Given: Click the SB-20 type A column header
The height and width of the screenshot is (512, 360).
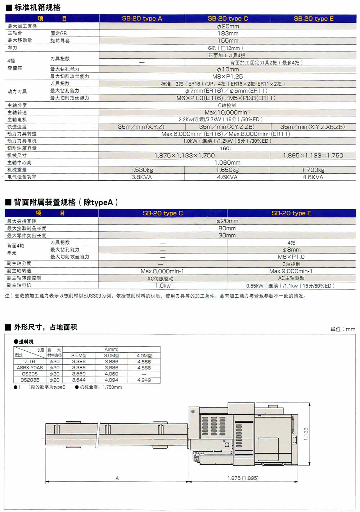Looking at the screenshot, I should (x=142, y=18).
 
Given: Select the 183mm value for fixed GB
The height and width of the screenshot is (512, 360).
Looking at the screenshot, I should (x=228, y=33).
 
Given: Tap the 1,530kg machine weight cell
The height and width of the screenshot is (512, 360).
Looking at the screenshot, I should (x=141, y=170).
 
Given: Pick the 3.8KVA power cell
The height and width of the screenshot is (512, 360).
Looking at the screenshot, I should (x=141, y=177).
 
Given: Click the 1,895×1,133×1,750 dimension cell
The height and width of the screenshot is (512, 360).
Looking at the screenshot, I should (x=313, y=155).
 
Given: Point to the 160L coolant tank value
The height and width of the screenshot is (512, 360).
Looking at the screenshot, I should (x=226, y=148).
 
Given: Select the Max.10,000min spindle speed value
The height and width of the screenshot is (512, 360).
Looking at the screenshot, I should (x=227, y=112).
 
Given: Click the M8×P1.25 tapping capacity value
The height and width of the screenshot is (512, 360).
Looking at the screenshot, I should (x=228, y=76).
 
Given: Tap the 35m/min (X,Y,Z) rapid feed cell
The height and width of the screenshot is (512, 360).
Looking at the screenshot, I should (x=141, y=127).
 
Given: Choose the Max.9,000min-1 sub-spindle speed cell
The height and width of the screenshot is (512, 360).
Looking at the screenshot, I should (x=291, y=271).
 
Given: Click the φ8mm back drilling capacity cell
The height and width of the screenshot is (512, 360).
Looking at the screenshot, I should (x=291, y=250).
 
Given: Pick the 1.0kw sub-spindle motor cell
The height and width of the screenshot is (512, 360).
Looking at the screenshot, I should (x=163, y=285).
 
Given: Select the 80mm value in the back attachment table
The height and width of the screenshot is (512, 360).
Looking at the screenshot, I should (x=227, y=228).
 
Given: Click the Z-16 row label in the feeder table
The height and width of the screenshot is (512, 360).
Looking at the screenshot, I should (x=30, y=361).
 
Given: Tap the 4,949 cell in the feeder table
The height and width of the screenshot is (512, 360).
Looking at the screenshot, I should (x=144, y=380).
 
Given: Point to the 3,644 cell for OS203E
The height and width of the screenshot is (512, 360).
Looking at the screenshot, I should (x=78, y=380).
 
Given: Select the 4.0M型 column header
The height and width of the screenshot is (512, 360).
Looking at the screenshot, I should (x=144, y=355).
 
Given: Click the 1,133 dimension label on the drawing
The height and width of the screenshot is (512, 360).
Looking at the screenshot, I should (x=306, y=434).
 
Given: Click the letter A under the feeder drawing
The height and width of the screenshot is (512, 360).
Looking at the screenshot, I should (x=117, y=478).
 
